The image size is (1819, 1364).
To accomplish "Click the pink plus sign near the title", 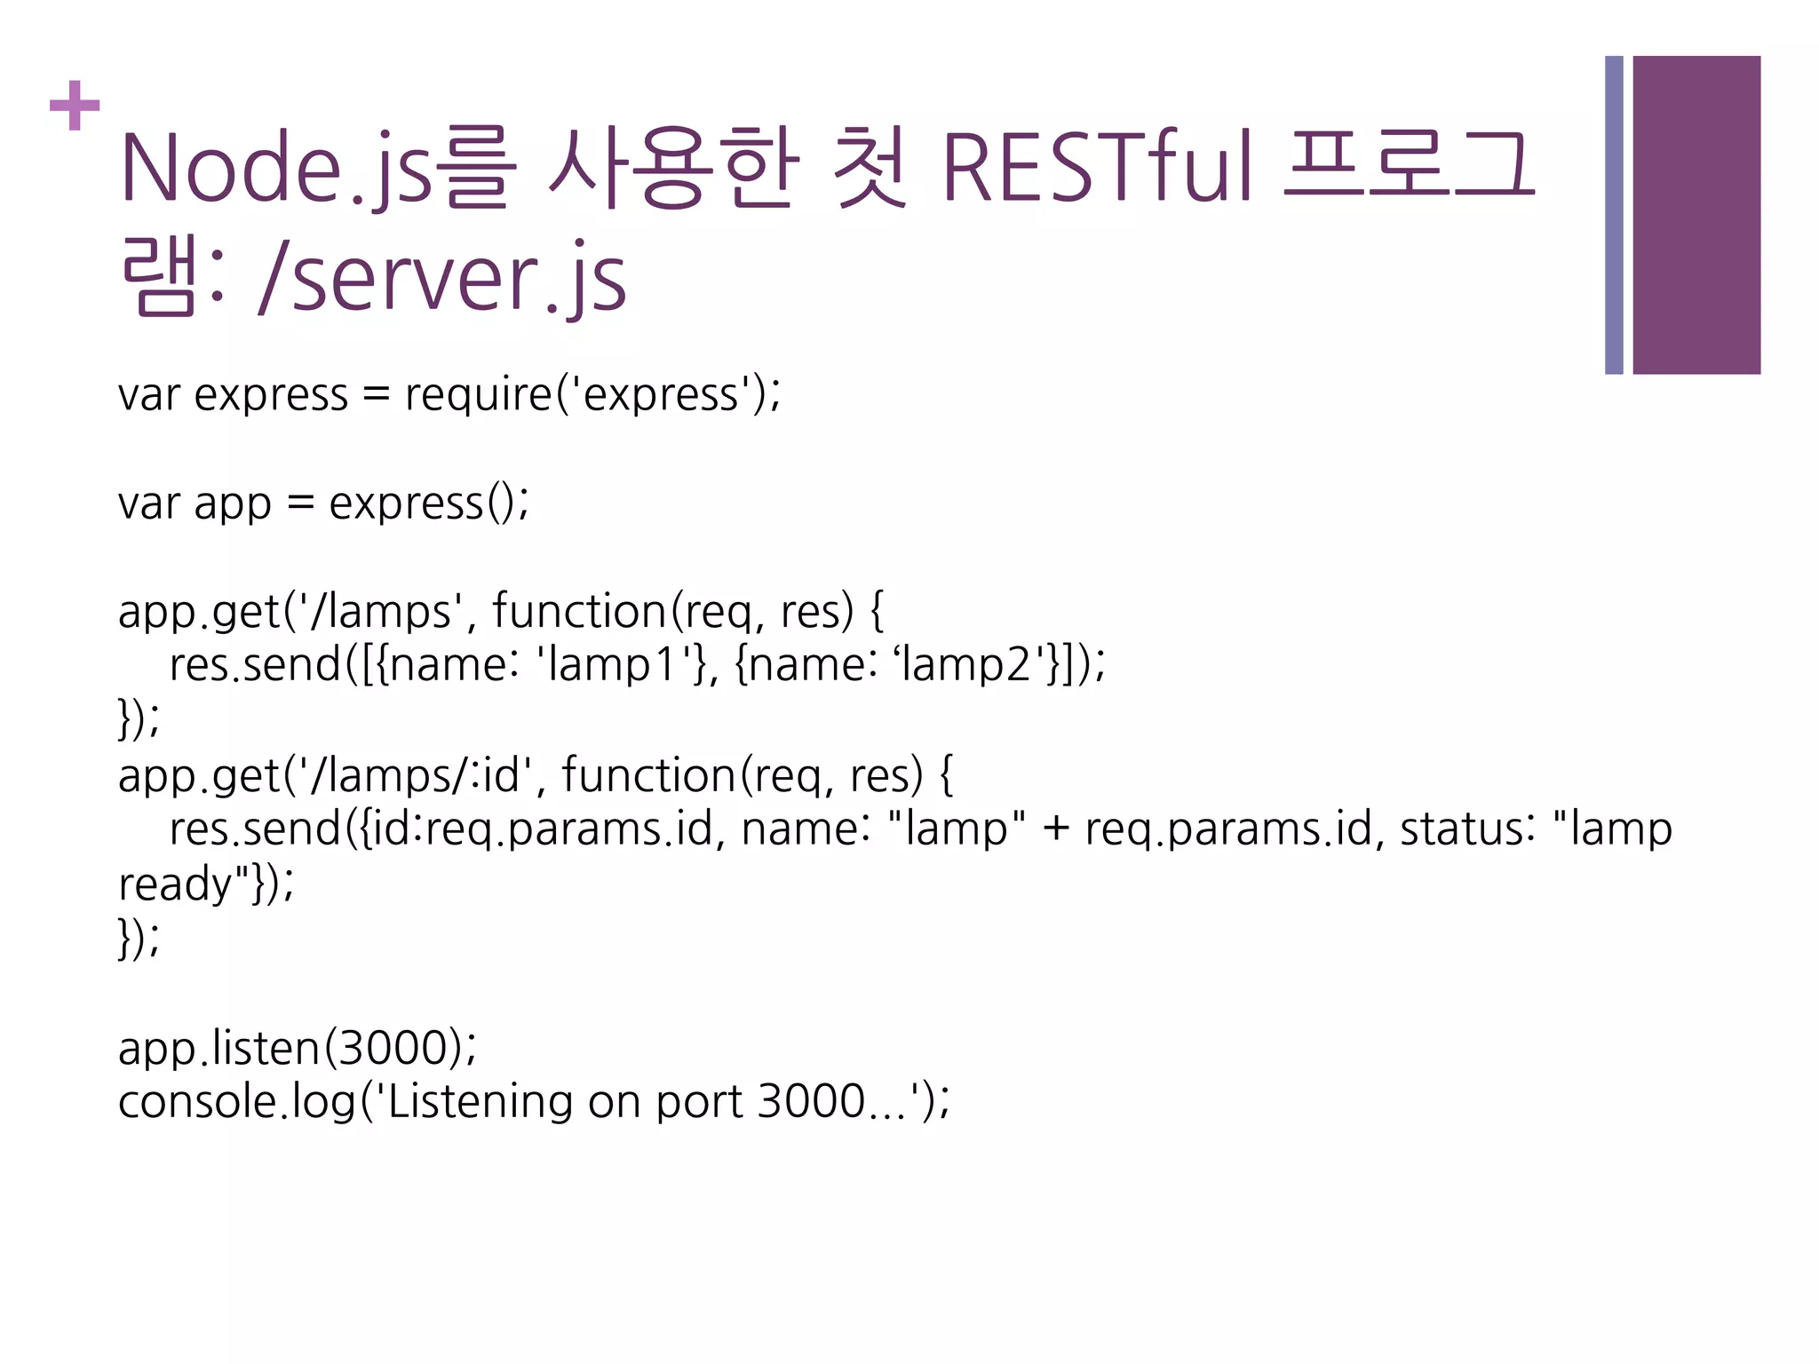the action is pos(75,106).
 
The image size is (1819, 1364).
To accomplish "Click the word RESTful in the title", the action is pos(1098,167).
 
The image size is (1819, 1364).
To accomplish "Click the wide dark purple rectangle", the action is pos(1696,215).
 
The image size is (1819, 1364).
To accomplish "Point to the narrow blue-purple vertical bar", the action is pos(1614,215).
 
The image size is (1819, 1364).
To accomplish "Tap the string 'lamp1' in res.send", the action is pos(616,665).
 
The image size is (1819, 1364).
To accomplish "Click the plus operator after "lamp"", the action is pos(1055,829).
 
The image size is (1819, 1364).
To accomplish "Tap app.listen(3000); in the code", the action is pos(298,1049).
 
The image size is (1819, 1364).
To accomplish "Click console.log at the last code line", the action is pos(236,1103).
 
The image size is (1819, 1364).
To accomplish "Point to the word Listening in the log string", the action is pos(481,1103).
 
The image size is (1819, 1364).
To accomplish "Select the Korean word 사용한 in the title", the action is pos(673,167).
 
